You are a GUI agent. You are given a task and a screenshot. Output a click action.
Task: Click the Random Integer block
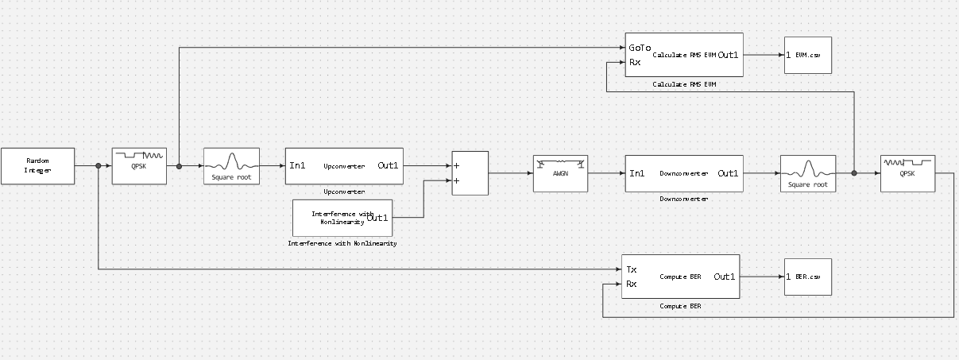pos(37,165)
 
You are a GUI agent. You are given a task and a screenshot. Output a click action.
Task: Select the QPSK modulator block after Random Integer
pos(140,166)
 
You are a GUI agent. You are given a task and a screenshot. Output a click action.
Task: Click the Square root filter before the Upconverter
pos(231,166)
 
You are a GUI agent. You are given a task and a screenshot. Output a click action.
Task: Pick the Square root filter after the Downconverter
pos(808,173)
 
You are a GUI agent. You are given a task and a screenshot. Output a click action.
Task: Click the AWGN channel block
pos(560,173)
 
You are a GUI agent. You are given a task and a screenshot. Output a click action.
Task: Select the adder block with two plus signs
pos(470,173)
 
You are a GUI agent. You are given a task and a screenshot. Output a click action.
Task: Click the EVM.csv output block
pos(808,56)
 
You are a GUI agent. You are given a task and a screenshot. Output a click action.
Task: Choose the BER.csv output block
pos(807,277)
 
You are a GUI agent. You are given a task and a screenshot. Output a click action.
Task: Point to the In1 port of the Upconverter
pos(297,166)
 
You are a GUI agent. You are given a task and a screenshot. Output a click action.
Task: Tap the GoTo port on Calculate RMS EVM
pos(640,48)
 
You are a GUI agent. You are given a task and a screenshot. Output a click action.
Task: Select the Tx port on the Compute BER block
pos(632,269)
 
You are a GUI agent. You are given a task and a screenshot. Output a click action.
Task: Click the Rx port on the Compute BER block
pos(632,284)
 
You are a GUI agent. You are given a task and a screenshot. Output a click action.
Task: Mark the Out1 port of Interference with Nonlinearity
pos(377,218)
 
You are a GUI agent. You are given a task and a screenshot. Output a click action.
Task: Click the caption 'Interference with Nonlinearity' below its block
pos(342,243)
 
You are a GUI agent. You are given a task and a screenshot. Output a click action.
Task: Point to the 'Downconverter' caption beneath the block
pos(683,199)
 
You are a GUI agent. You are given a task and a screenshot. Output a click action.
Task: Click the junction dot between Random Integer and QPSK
pos(98,166)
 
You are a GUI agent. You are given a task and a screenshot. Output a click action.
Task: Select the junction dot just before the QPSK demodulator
pos(854,172)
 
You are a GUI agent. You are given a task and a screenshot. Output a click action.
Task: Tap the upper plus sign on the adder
pos(457,166)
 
